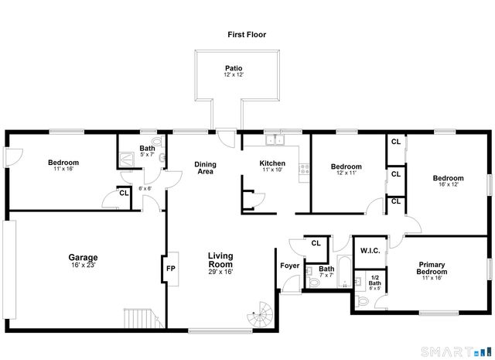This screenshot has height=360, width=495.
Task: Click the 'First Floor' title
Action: click(247, 34)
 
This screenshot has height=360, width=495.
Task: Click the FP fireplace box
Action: click(171, 269)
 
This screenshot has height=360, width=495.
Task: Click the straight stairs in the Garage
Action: click(140, 318)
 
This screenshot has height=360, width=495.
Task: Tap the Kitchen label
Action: click(272, 163)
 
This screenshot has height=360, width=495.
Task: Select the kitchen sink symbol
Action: click(275, 141)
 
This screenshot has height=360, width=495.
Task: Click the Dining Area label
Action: click(205, 168)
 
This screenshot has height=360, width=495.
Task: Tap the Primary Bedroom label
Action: click(432, 268)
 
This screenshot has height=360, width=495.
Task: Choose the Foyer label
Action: click(290, 266)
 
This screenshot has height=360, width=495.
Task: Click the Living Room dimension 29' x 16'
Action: click(220, 272)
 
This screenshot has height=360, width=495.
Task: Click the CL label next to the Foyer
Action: click(316, 243)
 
